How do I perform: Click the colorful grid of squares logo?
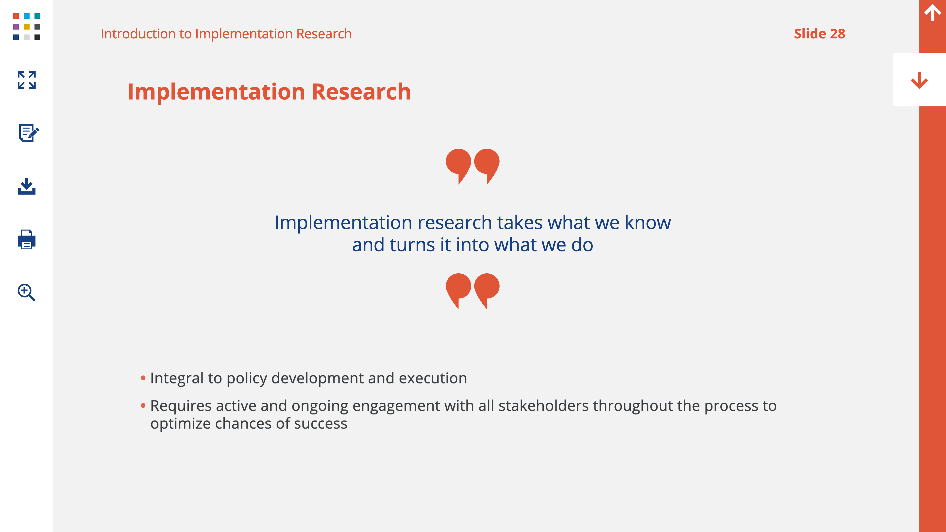pos(26,26)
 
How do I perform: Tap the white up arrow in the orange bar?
pos(932,13)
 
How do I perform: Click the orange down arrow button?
pos(919,80)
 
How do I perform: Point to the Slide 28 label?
pos(819,34)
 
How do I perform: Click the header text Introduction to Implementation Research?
pos(226,34)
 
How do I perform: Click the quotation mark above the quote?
pos(473,166)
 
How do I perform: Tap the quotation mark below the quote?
pos(473,291)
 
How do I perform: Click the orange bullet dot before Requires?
pos(143,405)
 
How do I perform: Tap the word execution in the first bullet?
pos(433,378)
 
